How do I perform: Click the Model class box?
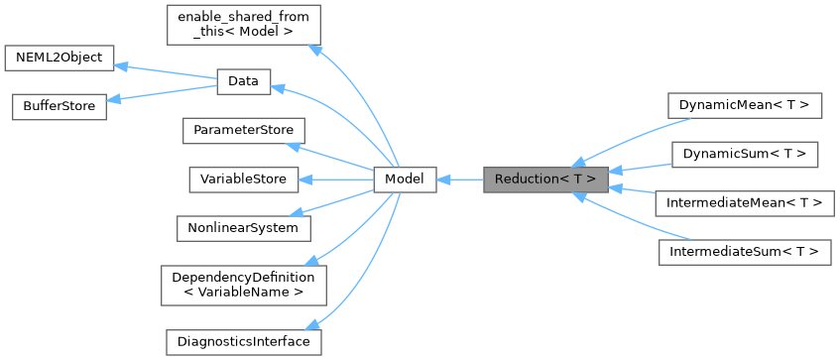coord(405,180)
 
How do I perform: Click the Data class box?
coord(243,81)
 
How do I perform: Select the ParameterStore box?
coord(243,130)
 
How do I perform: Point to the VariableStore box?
coord(242,180)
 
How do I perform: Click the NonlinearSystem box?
coord(242,227)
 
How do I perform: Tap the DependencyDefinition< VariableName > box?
coord(242,285)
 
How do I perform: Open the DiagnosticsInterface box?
coord(242,341)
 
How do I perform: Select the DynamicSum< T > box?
coord(744,155)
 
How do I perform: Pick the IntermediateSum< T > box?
coord(744,252)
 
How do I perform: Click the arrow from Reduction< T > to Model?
coord(459,180)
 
